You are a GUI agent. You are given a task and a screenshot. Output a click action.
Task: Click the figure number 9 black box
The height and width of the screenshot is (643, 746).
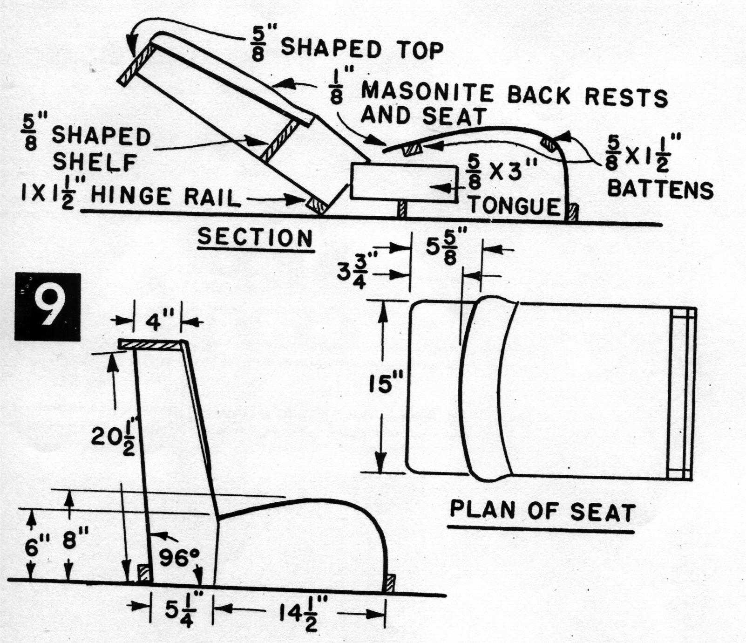[x=47, y=307]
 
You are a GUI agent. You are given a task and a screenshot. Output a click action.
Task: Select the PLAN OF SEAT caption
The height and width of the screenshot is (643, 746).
[x=542, y=512]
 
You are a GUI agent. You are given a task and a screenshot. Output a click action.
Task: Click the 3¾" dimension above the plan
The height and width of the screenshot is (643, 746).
[x=353, y=272]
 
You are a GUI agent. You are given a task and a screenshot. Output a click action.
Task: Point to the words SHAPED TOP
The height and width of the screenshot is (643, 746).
[x=362, y=48]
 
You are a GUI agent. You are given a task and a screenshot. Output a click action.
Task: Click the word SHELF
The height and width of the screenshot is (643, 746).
[x=95, y=162]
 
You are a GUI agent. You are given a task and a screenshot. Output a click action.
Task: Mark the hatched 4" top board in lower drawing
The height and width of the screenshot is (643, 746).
[x=149, y=345]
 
